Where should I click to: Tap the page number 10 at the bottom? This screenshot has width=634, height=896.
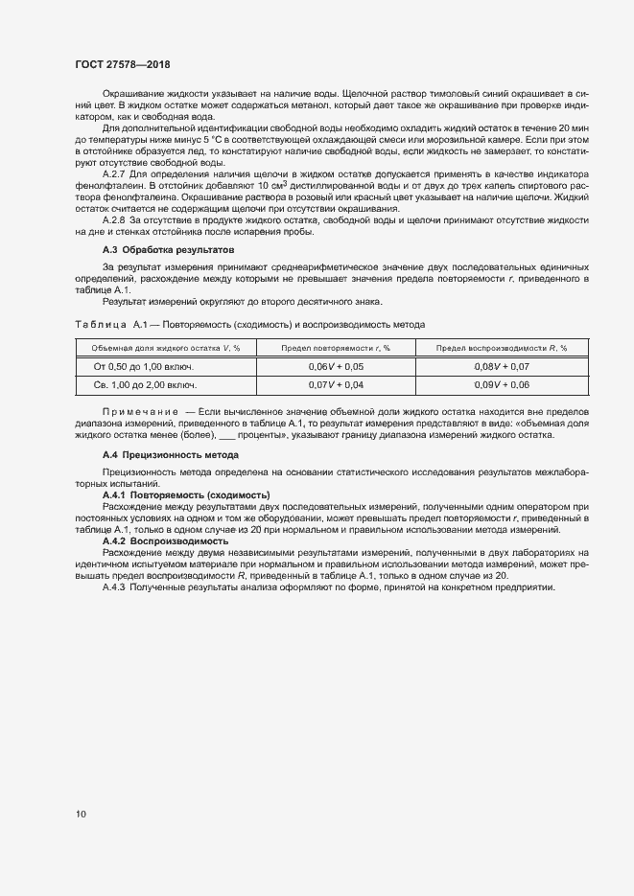coord(80,815)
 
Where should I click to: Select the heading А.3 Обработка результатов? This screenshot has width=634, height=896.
coord(168,250)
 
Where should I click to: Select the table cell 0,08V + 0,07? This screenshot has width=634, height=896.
coord(502,367)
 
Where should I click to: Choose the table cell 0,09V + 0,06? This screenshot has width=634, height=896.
coord(502,384)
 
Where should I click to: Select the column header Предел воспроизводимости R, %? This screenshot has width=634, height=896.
coord(502,349)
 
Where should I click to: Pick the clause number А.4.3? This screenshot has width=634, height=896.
coord(116,586)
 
